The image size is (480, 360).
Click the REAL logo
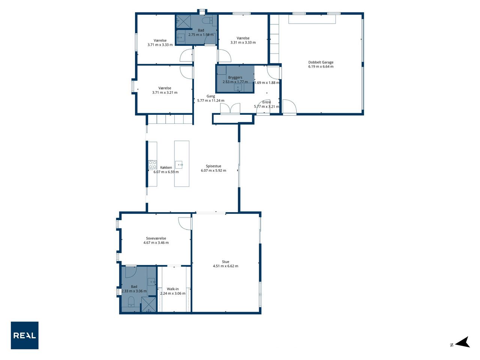click(x=24, y=335)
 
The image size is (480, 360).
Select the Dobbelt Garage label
click(x=321, y=62)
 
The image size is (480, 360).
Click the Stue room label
click(x=225, y=262)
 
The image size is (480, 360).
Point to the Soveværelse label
click(x=156, y=238)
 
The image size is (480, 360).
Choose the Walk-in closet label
click(x=173, y=289)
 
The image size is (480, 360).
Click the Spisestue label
click(x=213, y=166)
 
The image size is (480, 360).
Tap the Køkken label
click(x=166, y=167)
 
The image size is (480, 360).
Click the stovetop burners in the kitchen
click(x=152, y=165)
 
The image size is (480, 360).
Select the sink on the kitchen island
click(x=179, y=165)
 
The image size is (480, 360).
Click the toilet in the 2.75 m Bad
click(x=207, y=20)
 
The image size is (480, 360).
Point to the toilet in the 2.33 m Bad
click(x=131, y=301)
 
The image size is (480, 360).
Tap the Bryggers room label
click(x=235, y=77)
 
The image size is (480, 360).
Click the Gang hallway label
click(x=211, y=96)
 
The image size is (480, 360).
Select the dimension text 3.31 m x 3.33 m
click(x=243, y=42)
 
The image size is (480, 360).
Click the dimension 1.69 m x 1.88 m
click(x=267, y=82)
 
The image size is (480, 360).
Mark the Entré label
click(x=267, y=102)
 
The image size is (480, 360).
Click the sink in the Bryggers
click(x=238, y=88)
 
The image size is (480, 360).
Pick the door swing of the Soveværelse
click(x=184, y=223)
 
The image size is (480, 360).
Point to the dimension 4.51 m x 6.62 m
click(x=225, y=266)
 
